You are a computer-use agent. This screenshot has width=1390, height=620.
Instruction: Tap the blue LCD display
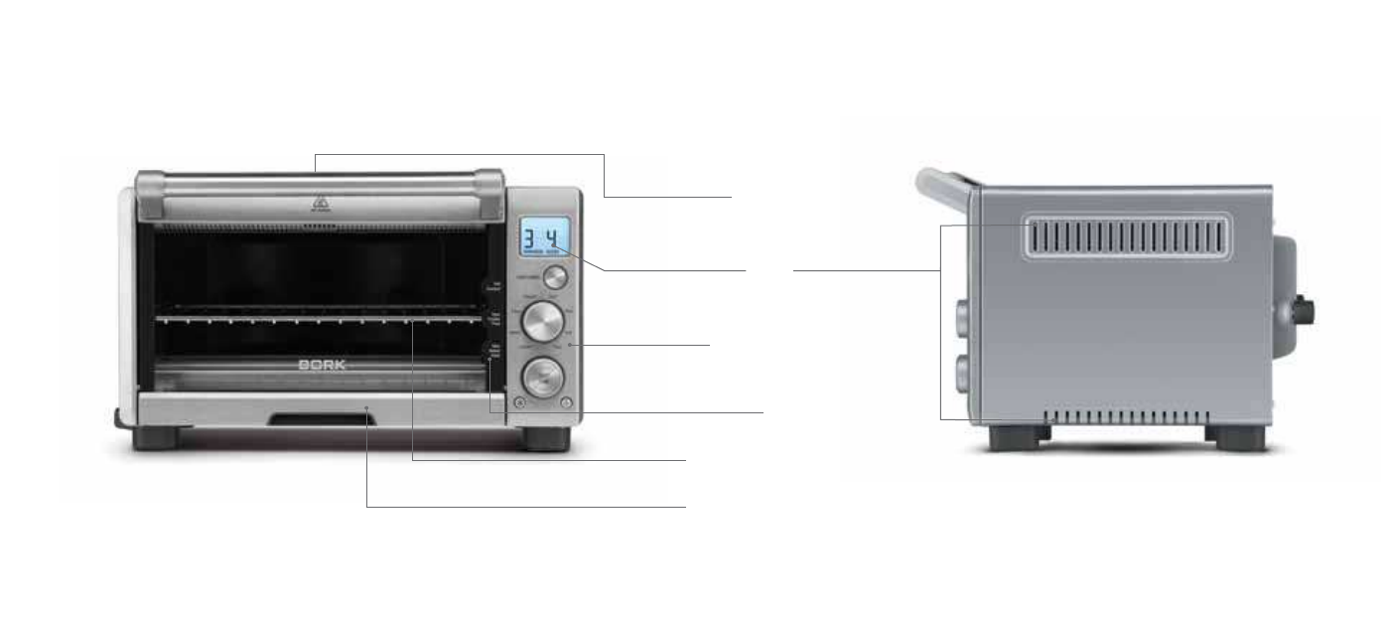pos(544,238)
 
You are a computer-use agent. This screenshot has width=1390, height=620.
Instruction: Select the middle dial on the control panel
pos(542,322)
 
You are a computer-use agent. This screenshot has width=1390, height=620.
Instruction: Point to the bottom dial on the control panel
pos(542,376)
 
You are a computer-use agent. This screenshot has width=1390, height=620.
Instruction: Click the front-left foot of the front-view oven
pos(156,438)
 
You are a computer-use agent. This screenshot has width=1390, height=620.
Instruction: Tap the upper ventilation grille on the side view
pos(1127,238)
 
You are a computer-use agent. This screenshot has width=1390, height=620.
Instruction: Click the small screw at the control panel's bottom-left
pos(518,402)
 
